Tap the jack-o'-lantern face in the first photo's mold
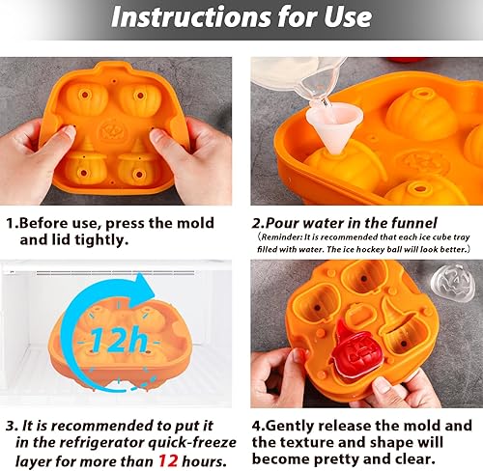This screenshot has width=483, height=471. (113, 125)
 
